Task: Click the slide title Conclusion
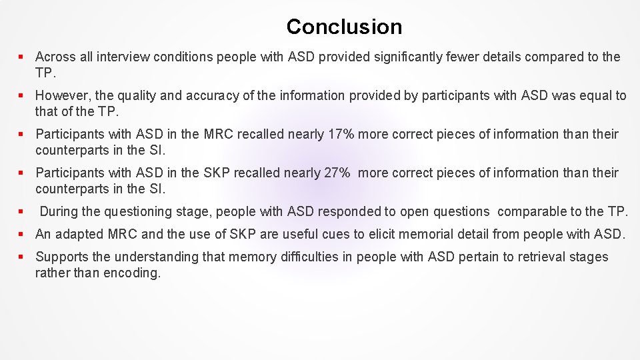[x=344, y=27]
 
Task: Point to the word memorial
[x=426, y=234]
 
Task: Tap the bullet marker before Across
[x=23, y=57]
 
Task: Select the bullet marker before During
[x=23, y=212]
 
